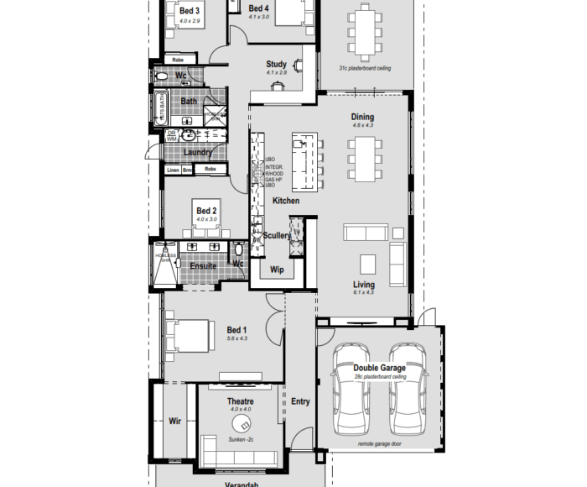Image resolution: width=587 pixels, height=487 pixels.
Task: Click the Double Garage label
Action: (379, 368)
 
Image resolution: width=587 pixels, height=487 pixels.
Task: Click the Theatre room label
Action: (241, 401)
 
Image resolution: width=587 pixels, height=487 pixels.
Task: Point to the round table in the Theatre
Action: (242, 422)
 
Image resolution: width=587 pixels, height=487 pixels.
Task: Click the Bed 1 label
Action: (237, 330)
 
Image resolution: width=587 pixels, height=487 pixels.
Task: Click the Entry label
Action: (300, 401)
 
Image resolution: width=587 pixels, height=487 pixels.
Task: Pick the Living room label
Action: (363, 285)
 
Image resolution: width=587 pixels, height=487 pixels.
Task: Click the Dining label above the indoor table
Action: (363, 117)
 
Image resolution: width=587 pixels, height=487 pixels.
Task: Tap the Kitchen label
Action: (285, 201)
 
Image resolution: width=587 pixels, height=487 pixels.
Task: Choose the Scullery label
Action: (277, 236)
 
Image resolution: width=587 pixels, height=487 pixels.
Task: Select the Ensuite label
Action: (203, 266)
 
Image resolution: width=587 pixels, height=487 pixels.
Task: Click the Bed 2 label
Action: (206, 211)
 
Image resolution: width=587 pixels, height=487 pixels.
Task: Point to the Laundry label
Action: (197, 152)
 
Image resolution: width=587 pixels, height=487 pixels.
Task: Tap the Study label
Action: (277, 64)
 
